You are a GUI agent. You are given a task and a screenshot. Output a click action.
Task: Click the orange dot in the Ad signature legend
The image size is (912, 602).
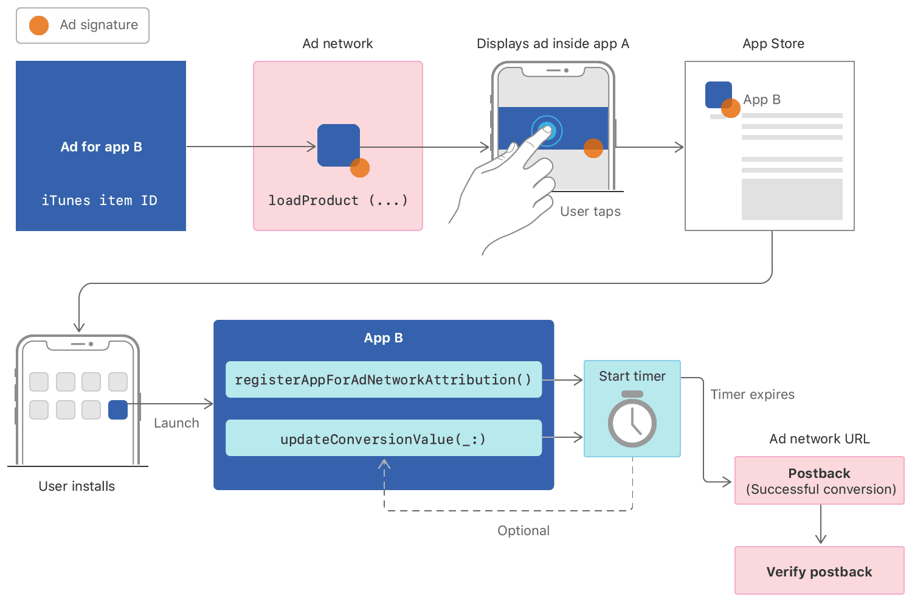point(39,26)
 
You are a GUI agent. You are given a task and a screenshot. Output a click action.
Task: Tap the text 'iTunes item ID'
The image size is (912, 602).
point(99,201)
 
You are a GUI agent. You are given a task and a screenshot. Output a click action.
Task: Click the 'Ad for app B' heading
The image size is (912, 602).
point(101,147)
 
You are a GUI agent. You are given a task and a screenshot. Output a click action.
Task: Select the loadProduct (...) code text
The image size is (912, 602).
point(338,201)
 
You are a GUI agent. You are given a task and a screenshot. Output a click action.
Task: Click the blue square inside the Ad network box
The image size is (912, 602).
point(338,145)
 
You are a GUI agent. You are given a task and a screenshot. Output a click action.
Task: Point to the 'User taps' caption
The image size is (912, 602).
point(590,212)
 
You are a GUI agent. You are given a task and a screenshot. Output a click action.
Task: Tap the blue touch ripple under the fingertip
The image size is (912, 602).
point(547,130)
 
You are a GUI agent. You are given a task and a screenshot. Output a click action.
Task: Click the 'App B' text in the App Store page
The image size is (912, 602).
point(761,100)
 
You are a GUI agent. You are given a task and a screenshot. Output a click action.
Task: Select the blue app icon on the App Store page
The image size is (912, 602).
point(717,95)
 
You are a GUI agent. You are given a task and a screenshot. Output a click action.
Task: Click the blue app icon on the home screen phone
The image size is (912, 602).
point(117,410)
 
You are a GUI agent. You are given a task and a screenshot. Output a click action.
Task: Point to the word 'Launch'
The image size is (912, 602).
point(176,423)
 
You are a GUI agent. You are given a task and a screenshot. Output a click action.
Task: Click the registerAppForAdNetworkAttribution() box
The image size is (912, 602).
point(383,380)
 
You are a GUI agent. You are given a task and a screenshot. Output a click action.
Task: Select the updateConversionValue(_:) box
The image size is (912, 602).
point(383,438)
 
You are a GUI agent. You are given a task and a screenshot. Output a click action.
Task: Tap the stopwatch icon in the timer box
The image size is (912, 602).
point(632,420)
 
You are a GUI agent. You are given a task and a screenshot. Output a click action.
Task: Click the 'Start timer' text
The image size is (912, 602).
point(632,376)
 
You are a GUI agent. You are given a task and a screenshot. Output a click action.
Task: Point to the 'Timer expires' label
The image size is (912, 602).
point(752,395)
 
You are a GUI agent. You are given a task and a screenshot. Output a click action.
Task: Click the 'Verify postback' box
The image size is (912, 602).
point(819,571)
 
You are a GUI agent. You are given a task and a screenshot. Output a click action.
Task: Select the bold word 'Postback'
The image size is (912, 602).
point(819,474)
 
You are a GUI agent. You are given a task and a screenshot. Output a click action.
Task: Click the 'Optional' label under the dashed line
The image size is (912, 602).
point(523,531)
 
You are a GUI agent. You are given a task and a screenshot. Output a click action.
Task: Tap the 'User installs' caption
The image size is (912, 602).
point(77,486)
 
